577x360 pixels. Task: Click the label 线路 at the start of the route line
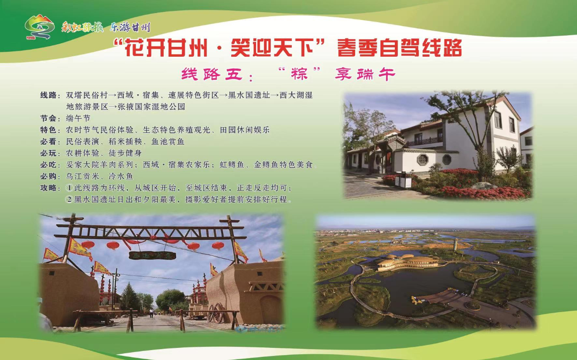click(49, 96)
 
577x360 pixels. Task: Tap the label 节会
click(49, 118)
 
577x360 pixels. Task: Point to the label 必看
click(49, 141)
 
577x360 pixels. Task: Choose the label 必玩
click(49, 153)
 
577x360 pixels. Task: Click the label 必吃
click(49, 164)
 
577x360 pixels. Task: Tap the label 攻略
click(49, 187)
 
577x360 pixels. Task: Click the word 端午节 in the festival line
click(78, 118)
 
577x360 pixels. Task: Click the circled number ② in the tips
click(70, 199)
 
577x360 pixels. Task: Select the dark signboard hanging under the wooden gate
click(152, 255)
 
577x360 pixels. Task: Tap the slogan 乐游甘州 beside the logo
click(130, 27)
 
